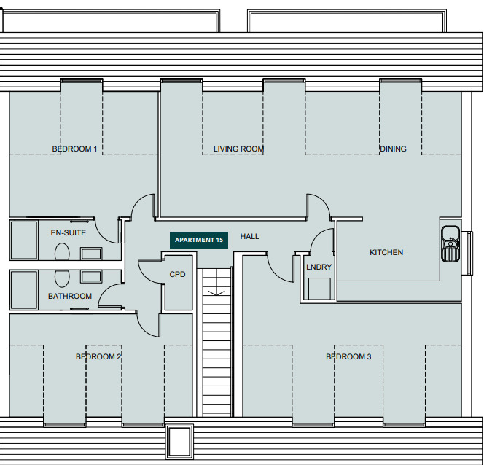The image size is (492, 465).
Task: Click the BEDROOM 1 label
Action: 74,149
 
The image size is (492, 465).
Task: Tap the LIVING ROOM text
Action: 238,149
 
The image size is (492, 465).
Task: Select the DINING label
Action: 393,149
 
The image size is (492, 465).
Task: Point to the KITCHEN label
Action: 386,252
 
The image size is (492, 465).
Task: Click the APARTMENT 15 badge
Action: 199,240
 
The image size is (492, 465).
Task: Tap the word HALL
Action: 250,236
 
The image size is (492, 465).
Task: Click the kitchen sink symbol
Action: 450,243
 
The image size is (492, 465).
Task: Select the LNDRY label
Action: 319,267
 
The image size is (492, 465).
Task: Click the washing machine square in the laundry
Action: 319,289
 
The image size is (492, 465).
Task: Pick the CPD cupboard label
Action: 177,274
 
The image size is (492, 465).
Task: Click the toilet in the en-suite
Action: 62,252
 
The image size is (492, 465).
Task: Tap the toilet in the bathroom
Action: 62,278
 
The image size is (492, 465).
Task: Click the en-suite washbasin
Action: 91,254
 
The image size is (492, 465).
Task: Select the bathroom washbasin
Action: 91,276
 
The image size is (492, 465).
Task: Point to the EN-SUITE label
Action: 69,232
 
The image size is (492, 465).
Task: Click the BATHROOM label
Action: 70,296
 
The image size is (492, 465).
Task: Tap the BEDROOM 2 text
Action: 98,356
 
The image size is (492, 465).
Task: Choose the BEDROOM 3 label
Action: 348,356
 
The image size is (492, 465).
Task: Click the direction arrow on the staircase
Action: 216,293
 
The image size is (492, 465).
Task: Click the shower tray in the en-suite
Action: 24,241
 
